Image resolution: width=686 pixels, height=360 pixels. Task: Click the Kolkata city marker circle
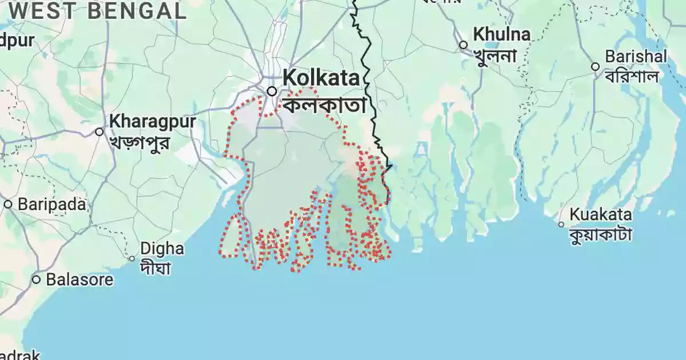tap(272, 91)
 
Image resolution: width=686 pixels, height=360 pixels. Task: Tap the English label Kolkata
tap(321, 78)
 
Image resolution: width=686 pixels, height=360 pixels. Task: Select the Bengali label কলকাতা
tap(324, 105)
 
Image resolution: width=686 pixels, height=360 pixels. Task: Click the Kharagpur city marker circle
tap(99, 132)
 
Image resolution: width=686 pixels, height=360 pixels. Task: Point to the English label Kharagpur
tap(152, 122)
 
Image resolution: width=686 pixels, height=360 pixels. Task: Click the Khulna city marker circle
tap(463, 45)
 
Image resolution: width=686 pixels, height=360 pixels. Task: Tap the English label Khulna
tap(501, 35)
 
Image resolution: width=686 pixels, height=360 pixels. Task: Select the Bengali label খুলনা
tap(494, 56)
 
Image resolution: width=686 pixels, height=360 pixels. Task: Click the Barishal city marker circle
tap(595, 67)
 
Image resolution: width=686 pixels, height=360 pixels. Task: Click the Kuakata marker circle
tap(561, 225)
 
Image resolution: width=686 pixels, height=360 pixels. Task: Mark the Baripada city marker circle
tap(8, 204)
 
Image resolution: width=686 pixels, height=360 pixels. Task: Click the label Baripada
tap(51, 204)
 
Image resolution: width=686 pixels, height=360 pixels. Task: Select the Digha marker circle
tap(131, 258)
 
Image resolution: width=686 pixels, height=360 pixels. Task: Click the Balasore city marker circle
tap(36, 279)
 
